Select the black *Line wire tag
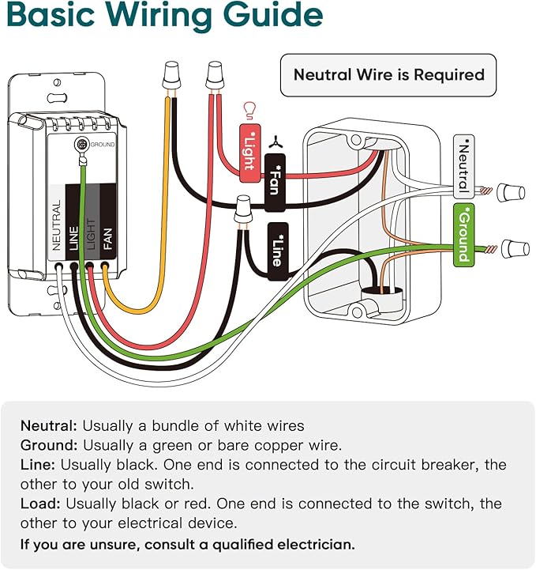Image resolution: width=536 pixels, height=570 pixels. pos(277,251)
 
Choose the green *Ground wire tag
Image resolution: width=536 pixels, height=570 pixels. pos(463,234)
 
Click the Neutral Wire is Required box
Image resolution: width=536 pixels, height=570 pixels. pos(388,75)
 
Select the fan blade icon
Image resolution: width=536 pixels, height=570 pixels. pos(274,142)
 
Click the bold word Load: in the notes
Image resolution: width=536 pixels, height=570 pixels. pos(42,504)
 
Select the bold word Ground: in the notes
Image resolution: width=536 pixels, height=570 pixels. pos(49,445)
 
